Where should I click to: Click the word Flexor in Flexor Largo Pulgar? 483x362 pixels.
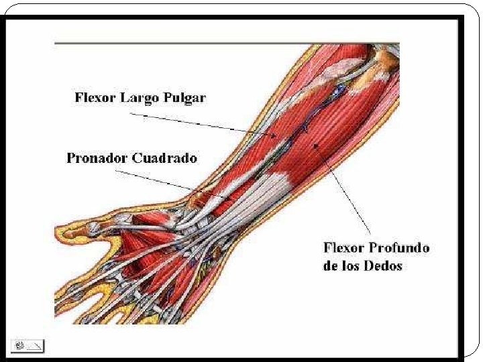coord(95,98)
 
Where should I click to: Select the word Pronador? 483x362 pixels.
coord(97,159)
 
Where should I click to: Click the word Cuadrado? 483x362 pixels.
coord(165,159)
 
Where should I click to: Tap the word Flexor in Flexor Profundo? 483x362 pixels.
coord(343,248)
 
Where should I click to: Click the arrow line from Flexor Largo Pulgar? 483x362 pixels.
coord(201,125)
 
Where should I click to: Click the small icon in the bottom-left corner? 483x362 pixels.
coord(28,346)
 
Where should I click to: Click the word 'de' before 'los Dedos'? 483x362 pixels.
coord(331,265)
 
